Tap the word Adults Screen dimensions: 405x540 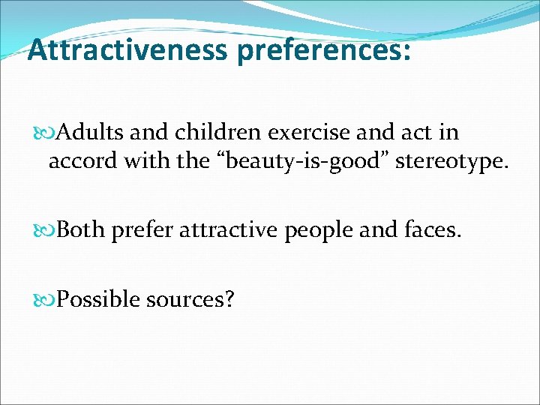pyautogui.click(x=90, y=133)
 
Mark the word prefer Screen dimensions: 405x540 pyautogui.click(x=139, y=230)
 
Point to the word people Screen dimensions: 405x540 pyautogui.click(x=319, y=230)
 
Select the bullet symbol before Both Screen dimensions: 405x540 pyautogui.click(x=49, y=230)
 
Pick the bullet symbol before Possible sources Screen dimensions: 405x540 pyautogui.click(x=49, y=299)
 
